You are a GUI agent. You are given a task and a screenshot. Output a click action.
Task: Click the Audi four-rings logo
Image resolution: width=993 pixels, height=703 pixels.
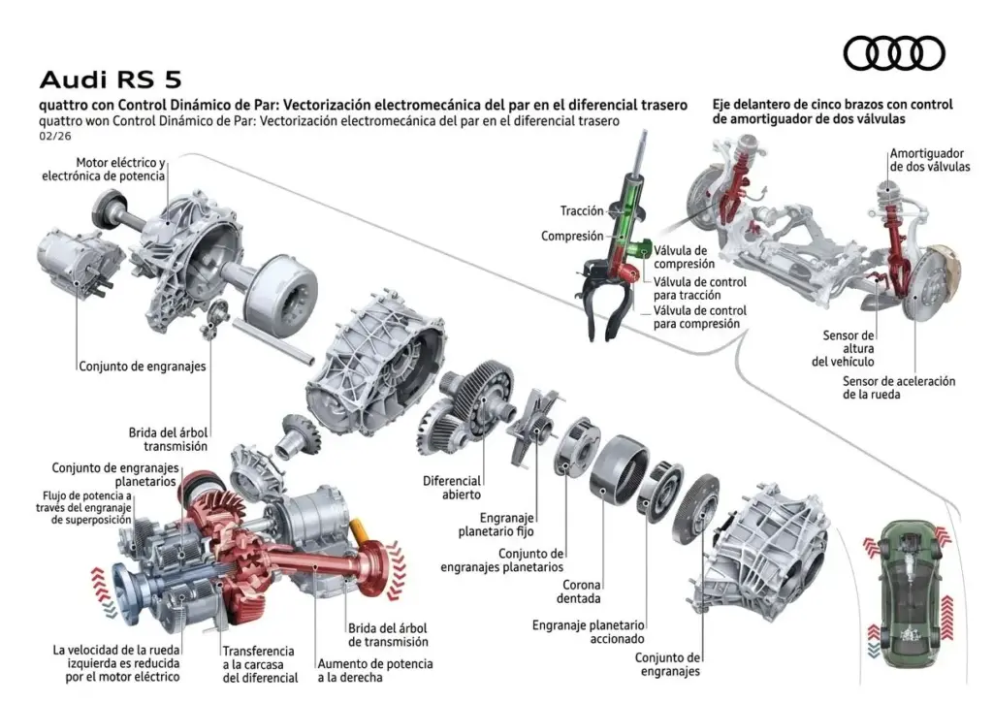tap(893, 52)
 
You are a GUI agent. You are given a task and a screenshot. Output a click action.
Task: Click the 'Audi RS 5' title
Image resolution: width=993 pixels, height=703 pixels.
tap(109, 79)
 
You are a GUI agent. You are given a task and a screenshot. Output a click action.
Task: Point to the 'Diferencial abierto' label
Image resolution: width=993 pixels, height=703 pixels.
tap(452, 488)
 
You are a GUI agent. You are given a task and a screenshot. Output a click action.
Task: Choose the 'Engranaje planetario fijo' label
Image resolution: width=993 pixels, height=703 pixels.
tap(496, 525)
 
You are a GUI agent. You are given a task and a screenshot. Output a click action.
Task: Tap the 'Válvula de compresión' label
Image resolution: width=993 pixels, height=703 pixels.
tap(684, 256)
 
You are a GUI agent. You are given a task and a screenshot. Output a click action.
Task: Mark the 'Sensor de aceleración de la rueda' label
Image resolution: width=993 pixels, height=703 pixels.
tap(899, 388)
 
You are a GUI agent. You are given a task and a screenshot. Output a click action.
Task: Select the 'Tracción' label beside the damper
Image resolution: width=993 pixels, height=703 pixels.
tap(582, 210)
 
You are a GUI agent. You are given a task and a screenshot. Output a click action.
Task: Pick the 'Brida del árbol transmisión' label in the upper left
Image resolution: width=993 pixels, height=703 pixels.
tap(169, 439)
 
